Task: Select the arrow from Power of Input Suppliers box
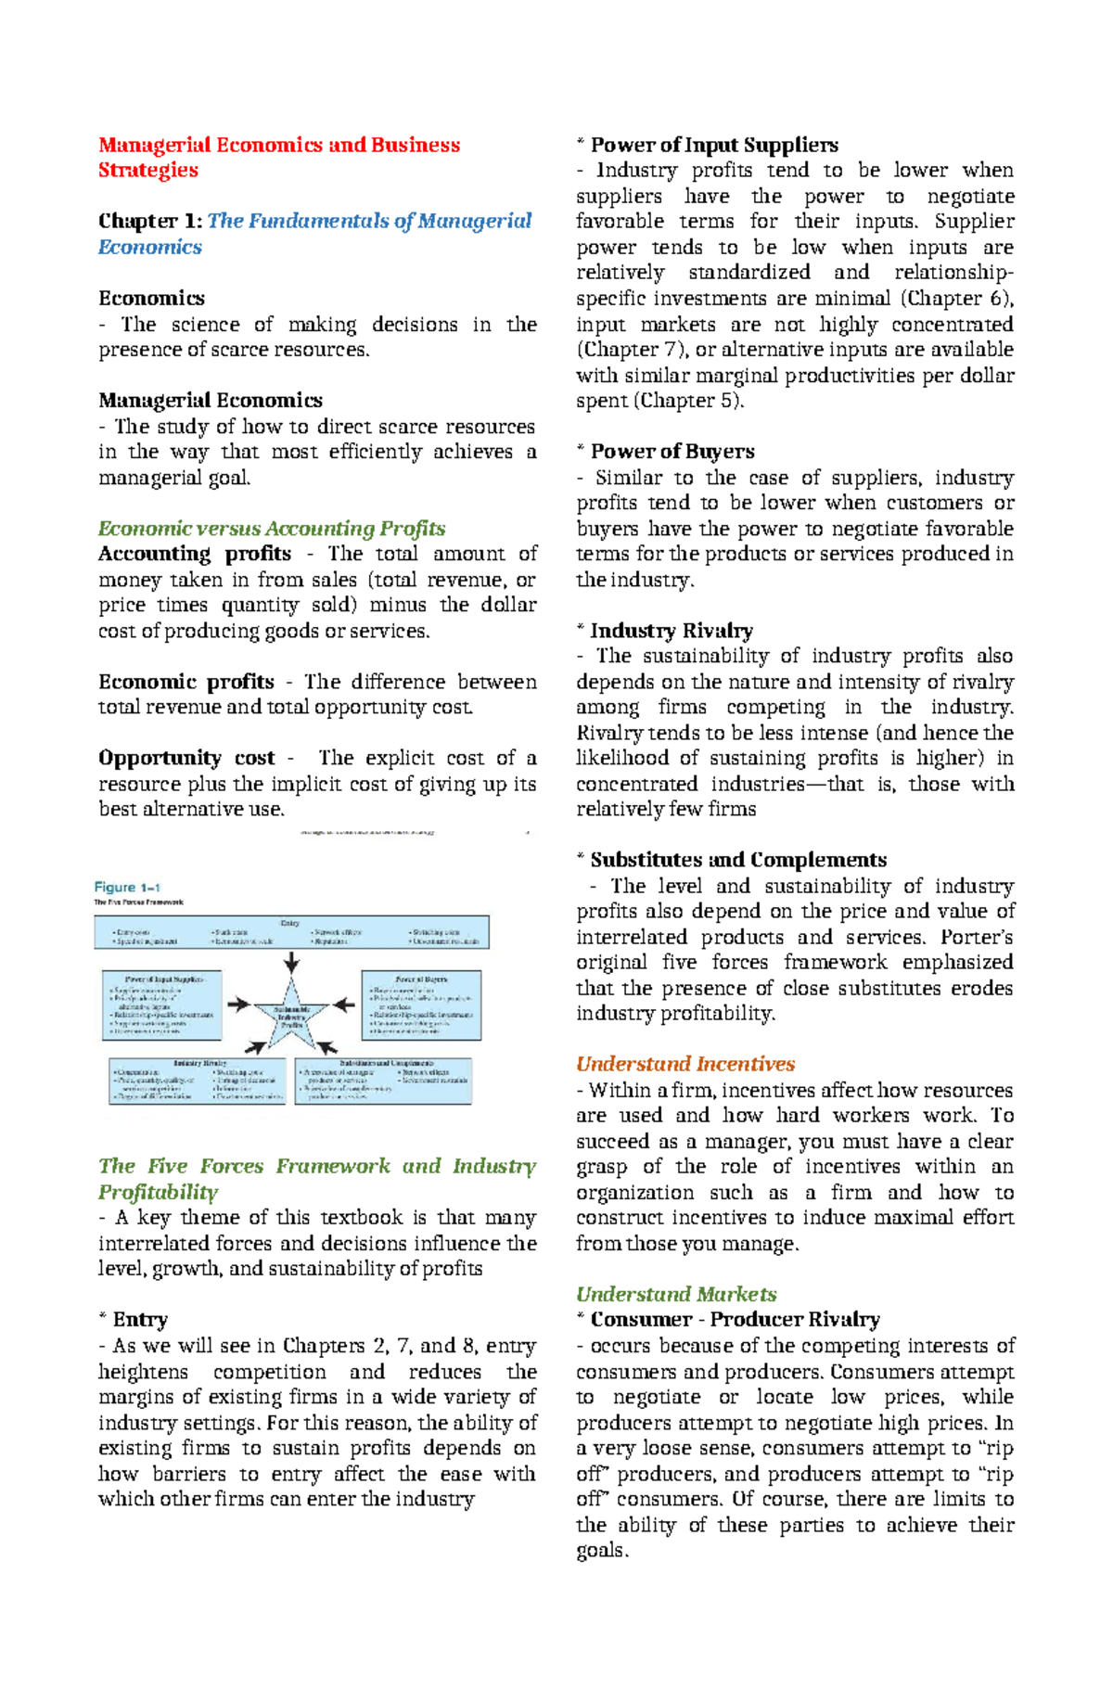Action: [x=239, y=1004]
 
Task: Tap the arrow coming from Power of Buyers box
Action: [x=343, y=1004]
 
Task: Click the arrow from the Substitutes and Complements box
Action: [x=326, y=1047]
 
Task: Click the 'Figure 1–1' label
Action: [x=127, y=887]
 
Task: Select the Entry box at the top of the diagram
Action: [x=291, y=932]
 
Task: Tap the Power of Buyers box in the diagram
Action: [x=421, y=1005]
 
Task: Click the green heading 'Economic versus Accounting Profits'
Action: [x=272, y=529]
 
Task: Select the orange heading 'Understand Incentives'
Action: [x=685, y=1064]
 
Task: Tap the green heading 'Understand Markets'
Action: [x=676, y=1294]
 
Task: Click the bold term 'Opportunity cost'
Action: [x=186, y=758]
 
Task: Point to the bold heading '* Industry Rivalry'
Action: [x=664, y=631]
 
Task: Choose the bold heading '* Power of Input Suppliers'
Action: [x=707, y=145]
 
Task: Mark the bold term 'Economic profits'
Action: [x=186, y=682]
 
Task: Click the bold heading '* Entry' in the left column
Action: [x=133, y=1319]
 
